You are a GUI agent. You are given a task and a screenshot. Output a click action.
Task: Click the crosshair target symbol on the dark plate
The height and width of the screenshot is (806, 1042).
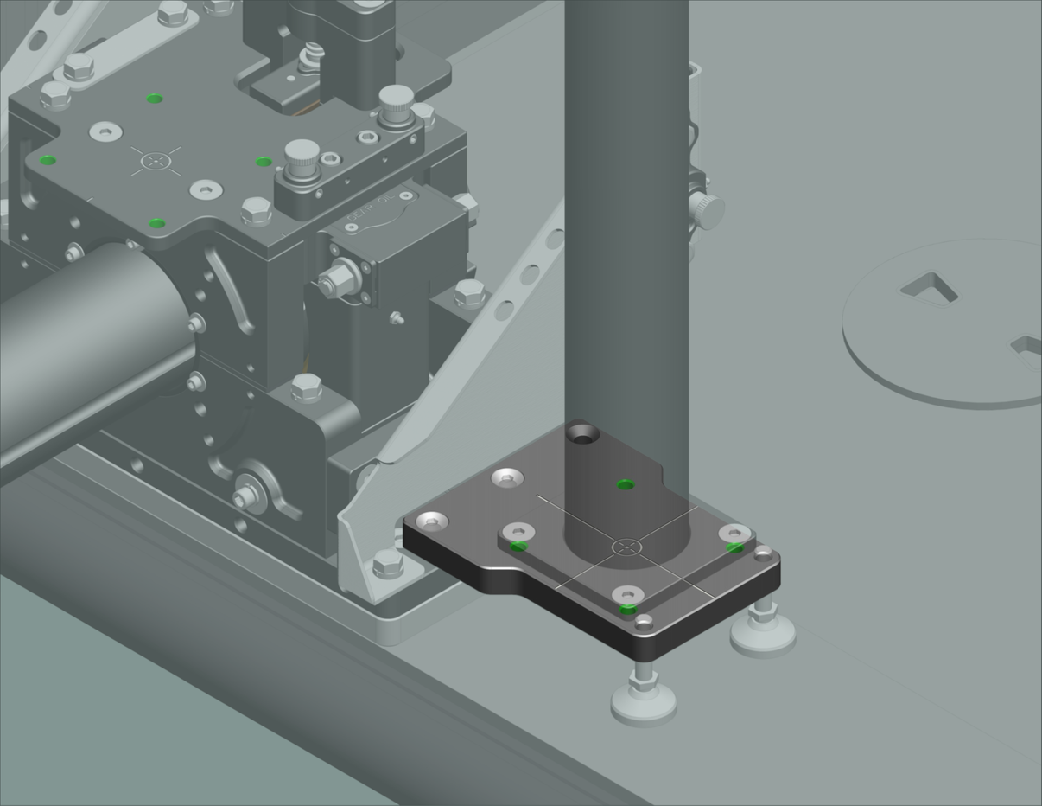pos(628,547)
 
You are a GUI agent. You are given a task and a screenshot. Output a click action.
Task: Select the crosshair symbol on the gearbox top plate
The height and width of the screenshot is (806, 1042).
pos(156,160)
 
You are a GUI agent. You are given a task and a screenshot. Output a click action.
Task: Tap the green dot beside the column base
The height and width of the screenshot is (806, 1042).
pos(626,484)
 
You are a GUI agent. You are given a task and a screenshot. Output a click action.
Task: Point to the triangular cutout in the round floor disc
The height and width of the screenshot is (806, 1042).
pos(929,288)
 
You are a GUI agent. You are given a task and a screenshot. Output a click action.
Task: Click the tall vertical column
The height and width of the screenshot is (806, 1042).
pos(626,216)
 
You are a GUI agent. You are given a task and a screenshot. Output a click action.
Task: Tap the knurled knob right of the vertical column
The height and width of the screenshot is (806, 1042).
pos(707,209)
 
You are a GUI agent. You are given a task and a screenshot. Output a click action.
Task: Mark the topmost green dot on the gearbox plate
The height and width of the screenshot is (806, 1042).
pos(155,99)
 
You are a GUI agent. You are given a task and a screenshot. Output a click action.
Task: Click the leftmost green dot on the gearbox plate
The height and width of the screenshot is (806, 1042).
pos(48,160)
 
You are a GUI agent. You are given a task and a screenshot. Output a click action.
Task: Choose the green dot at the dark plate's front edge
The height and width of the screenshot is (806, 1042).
pos(628,610)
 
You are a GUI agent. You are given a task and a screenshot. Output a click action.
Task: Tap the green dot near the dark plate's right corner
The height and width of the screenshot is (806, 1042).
pos(734,547)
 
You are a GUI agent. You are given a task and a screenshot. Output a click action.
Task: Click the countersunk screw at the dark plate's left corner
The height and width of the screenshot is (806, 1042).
pos(432,521)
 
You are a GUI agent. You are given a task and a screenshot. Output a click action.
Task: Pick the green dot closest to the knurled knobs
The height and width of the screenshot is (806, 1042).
pos(264,162)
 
